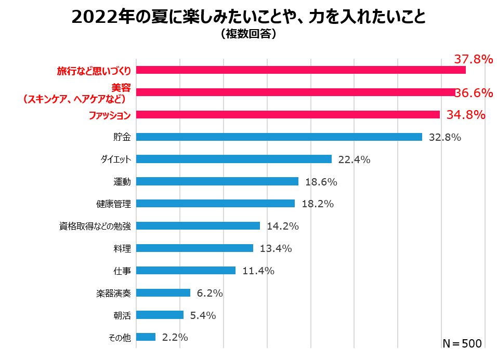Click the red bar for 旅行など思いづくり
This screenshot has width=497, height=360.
click(x=300, y=70)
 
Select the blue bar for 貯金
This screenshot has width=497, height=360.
click(x=279, y=137)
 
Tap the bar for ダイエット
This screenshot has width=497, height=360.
click(x=233, y=159)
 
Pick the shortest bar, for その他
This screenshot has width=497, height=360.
click(x=146, y=337)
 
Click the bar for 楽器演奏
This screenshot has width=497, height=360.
click(x=163, y=293)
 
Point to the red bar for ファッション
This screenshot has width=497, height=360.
click(x=287, y=115)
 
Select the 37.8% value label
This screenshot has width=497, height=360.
click(x=473, y=59)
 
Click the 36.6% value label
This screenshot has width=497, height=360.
click(x=473, y=93)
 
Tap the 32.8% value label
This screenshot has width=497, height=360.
click(x=445, y=138)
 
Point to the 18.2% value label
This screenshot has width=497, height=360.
click(x=317, y=204)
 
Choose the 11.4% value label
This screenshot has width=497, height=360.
click(x=258, y=271)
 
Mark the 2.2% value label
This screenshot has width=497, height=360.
click(x=175, y=337)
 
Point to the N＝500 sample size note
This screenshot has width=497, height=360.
click(x=462, y=343)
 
